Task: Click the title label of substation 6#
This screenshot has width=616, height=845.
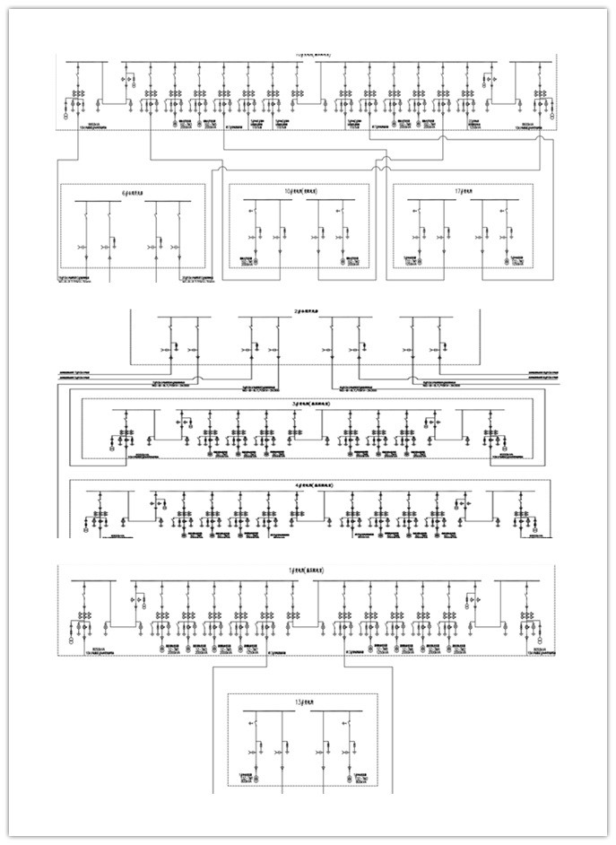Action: point(132,192)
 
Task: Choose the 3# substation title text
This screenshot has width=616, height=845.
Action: point(308,405)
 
